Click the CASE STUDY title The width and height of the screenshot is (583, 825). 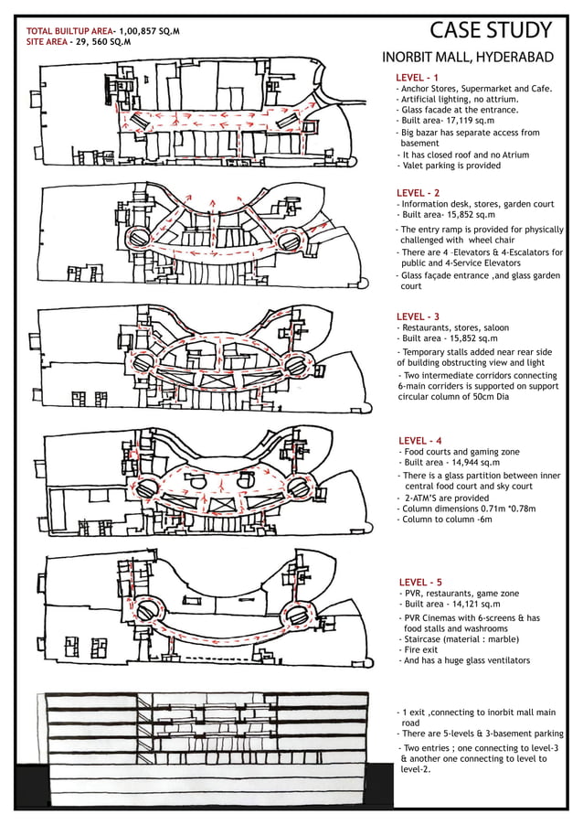pyautogui.click(x=490, y=30)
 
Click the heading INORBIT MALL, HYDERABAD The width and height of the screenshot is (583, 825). pyautogui.click(x=467, y=58)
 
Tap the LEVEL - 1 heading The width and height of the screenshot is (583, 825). pyautogui.click(x=418, y=77)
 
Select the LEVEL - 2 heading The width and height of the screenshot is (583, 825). pyautogui.click(x=418, y=193)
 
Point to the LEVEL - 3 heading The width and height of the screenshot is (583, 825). pyautogui.click(x=418, y=316)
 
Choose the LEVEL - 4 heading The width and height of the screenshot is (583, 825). pyautogui.click(x=420, y=441)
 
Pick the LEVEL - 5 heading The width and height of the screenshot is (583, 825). pyautogui.click(x=420, y=582)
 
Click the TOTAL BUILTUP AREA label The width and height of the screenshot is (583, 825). pyautogui.click(x=69, y=31)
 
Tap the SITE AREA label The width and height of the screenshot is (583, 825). pyautogui.click(x=48, y=42)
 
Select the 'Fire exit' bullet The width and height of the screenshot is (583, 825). pyautogui.click(x=426, y=649)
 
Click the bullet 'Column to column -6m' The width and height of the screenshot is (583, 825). pyautogui.click(x=446, y=520)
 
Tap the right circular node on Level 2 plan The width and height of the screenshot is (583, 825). pyautogui.click(x=290, y=242)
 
